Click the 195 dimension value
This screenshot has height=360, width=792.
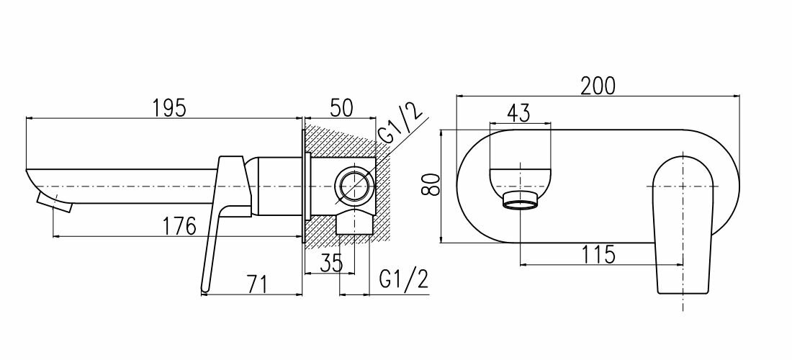click(170, 106)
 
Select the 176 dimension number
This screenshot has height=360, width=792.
click(179, 225)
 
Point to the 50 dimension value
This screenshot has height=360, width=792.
click(341, 107)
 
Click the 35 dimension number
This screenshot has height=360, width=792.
click(332, 261)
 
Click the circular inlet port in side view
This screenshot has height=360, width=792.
click(354, 186)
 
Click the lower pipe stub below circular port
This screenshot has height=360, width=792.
click(354, 222)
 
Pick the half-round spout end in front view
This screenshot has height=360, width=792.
click(521, 179)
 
